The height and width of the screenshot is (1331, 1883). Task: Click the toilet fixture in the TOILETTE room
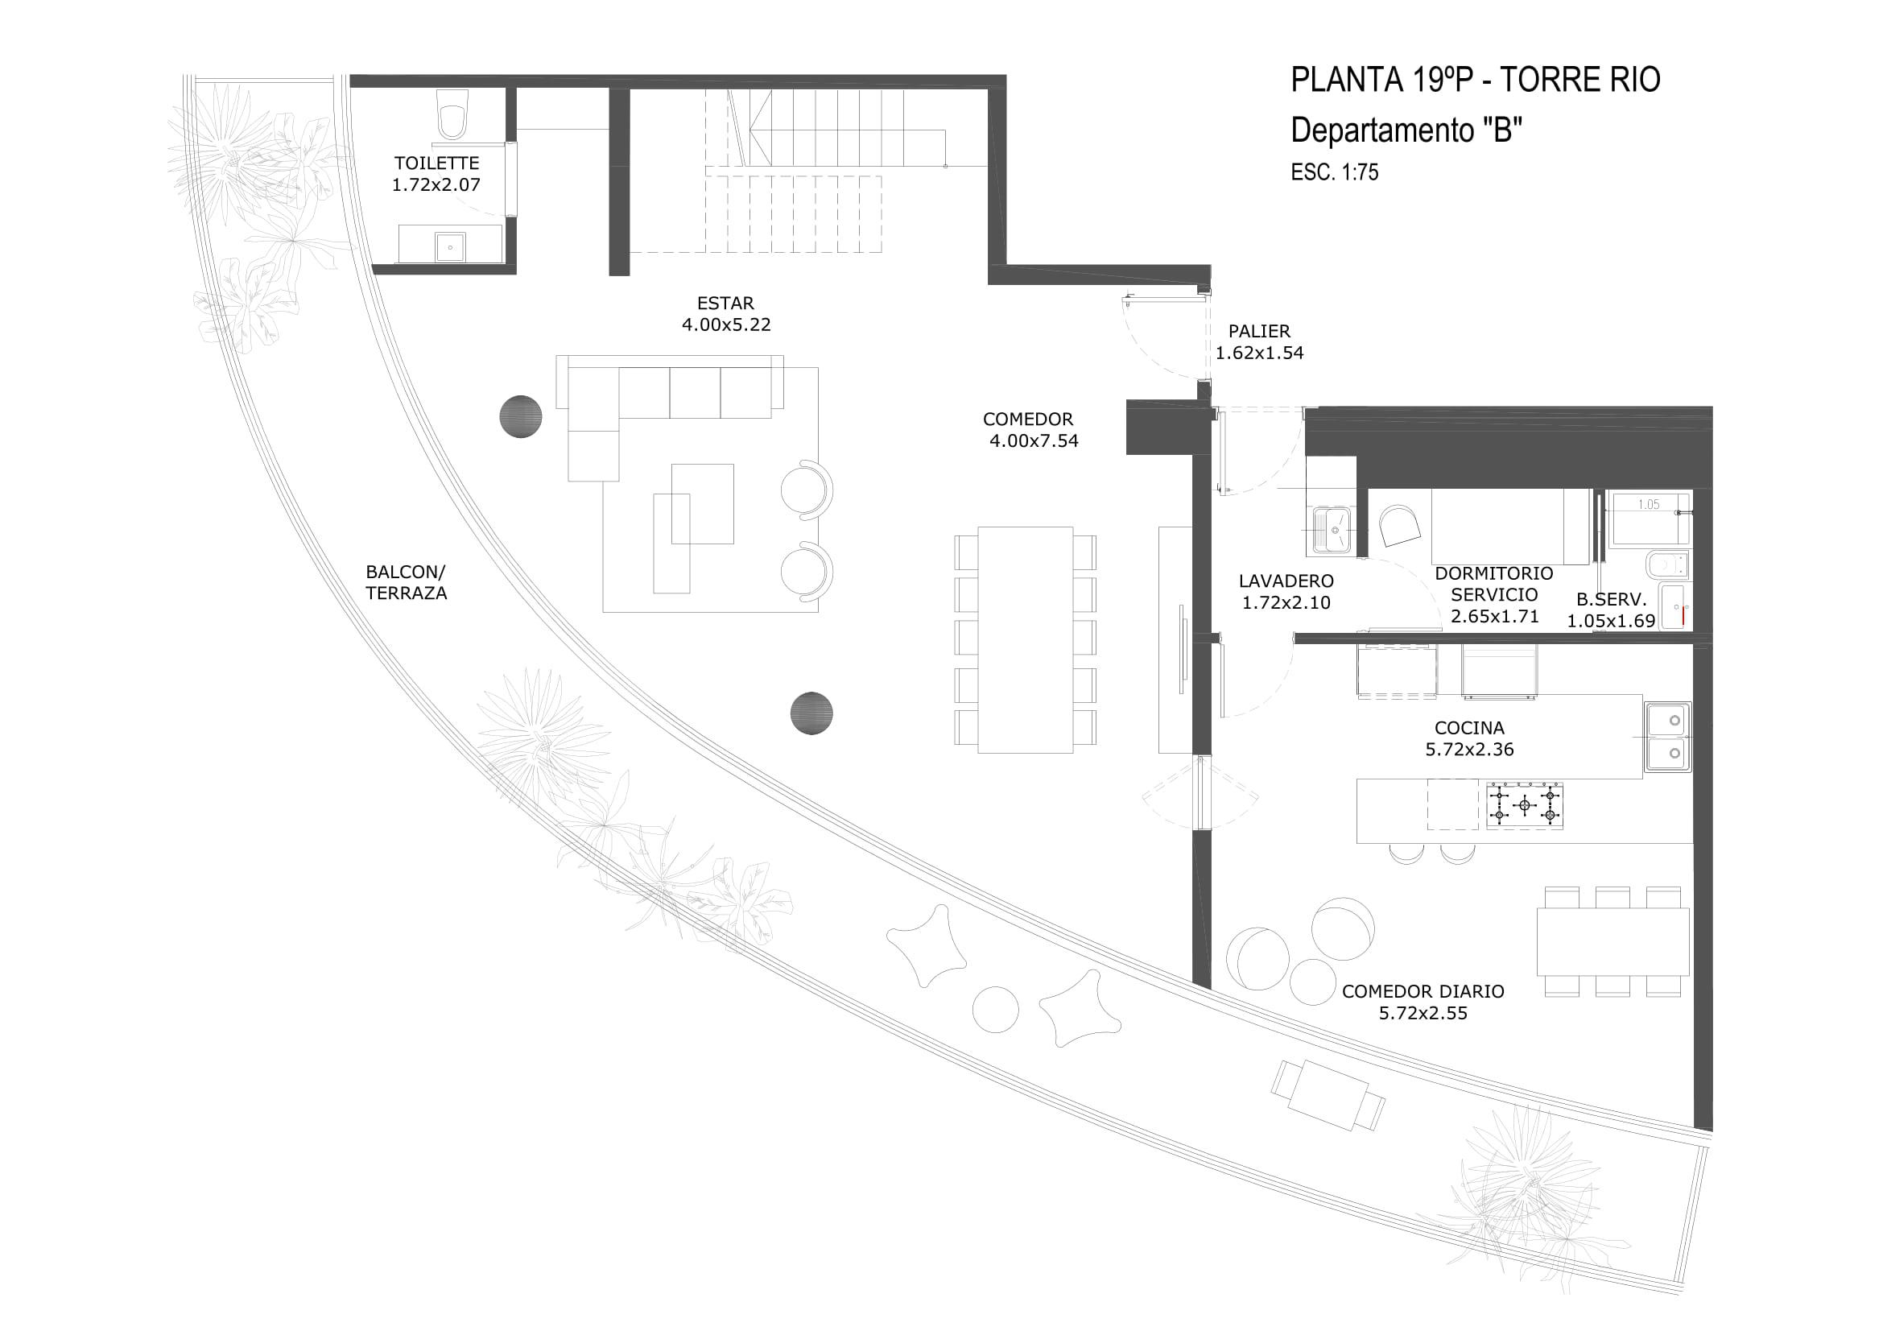click(452, 114)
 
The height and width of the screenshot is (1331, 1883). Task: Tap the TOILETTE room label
click(436, 163)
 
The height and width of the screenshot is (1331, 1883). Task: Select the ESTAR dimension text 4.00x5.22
click(726, 324)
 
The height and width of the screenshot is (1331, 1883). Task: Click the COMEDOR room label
click(1027, 419)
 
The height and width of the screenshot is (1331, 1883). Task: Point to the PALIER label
click(1259, 331)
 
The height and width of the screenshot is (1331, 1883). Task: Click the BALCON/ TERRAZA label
click(406, 582)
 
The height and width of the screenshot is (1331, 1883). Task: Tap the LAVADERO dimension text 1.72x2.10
click(1286, 603)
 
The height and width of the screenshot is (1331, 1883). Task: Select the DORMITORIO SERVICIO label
click(1494, 584)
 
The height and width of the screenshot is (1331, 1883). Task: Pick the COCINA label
click(1469, 727)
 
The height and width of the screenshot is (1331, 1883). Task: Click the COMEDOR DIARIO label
click(1423, 991)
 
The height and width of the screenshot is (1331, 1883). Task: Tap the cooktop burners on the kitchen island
click(1524, 805)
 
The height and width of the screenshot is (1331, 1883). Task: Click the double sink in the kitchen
click(1666, 737)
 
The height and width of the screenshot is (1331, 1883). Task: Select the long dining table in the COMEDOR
click(1025, 639)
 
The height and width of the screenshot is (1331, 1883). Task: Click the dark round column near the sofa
click(521, 416)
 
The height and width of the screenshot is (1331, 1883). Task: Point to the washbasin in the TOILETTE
click(450, 246)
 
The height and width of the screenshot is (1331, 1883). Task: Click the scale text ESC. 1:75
click(1334, 172)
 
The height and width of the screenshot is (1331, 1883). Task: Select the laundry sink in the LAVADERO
click(1332, 530)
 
